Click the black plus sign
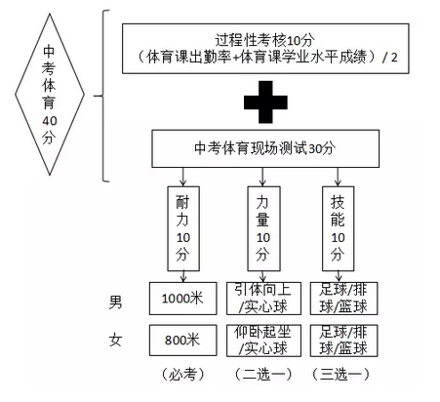(265, 102)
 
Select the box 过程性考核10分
(265, 49)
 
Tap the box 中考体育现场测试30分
(265, 148)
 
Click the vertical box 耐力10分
(183, 228)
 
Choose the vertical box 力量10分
(263, 228)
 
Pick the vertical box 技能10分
(338, 228)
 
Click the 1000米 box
(183, 299)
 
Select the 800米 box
(183, 340)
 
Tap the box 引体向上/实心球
(263, 299)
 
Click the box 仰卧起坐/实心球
(263, 341)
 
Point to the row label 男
(115, 302)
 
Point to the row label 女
(115, 340)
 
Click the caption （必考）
(182, 375)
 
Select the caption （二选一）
(263, 375)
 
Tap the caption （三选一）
(340, 375)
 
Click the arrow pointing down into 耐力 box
(183, 177)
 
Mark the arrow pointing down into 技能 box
(338, 177)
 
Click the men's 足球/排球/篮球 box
(343, 299)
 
